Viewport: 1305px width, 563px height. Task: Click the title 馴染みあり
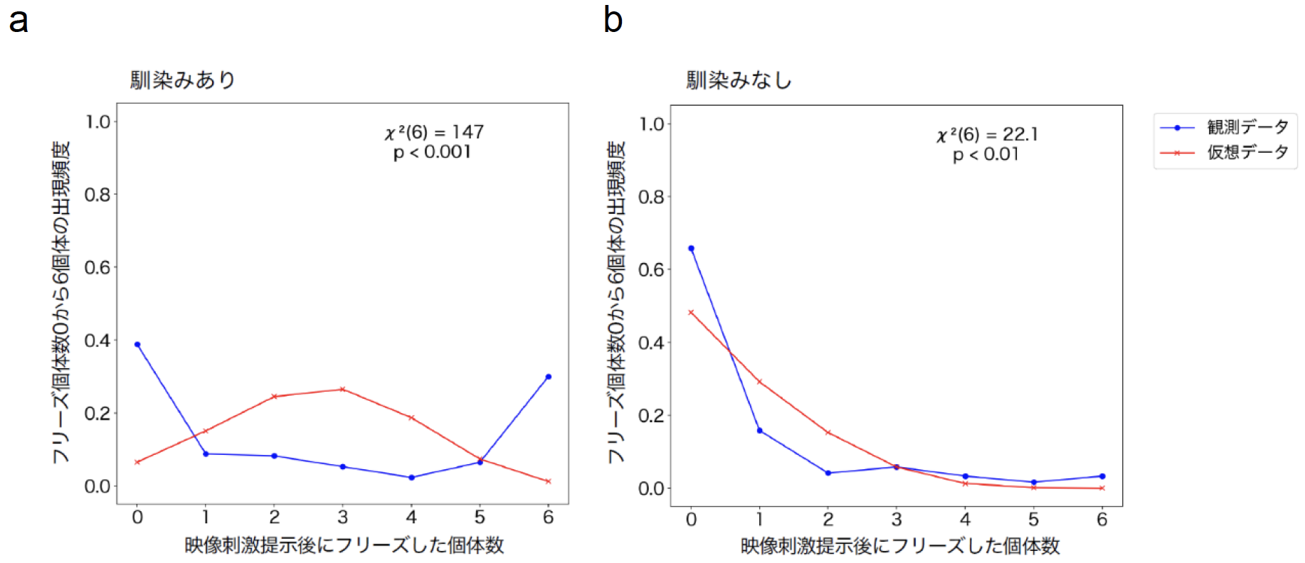[182, 80]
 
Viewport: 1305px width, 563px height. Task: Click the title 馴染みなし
[739, 80]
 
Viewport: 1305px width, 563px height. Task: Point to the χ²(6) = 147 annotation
[434, 132]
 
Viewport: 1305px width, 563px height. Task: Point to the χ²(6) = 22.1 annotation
[987, 134]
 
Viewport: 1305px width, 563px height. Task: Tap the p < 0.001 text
[432, 152]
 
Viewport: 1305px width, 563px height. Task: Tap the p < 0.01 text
[986, 154]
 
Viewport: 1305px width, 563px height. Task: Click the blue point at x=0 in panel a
[137, 345]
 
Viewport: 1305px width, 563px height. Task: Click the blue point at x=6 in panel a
[548, 377]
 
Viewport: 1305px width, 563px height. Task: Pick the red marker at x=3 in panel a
[342, 390]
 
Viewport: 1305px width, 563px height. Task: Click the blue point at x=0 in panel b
[691, 249]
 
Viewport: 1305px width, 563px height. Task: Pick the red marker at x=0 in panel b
[691, 313]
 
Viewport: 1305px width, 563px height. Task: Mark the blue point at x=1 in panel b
[759, 431]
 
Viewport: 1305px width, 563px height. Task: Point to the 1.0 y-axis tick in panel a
[98, 122]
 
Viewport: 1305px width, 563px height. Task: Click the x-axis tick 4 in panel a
[411, 518]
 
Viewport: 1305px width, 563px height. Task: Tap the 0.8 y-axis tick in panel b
[651, 197]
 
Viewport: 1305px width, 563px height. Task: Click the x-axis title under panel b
[900, 546]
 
